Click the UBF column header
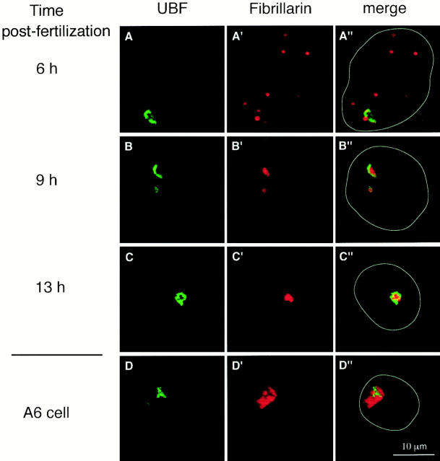coord(172,8)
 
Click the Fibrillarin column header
coord(280,8)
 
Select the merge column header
coord(384,9)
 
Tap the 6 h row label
coord(47,69)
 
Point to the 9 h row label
coord(46,180)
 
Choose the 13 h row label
coord(50,287)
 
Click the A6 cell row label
coord(46,413)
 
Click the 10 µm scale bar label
coord(414,447)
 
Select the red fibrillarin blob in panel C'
coord(288,298)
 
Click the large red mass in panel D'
coord(266,398)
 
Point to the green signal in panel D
coord(161,392)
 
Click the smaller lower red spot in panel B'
coord(264,190)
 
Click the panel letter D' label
coord(237,366)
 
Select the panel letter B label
coord(129,146)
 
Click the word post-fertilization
coord(56,31)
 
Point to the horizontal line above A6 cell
coord(57,355)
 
